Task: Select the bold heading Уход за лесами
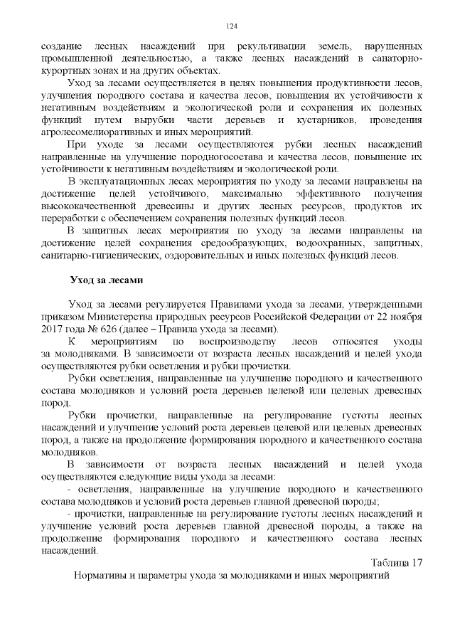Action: [106, 278]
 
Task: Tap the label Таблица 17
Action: [397, 563]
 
